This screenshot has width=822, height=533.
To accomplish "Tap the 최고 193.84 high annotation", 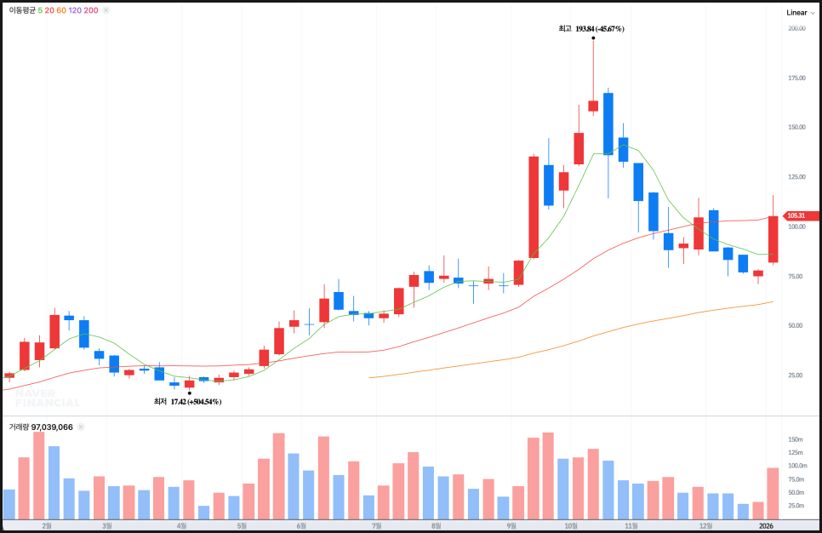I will [x=591, y=29].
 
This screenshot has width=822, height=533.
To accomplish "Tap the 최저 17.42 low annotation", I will [x=187, y=401].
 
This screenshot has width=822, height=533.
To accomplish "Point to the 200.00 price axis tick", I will [x=796, y=28].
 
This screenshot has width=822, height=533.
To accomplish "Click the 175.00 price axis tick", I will [x=796, y=77].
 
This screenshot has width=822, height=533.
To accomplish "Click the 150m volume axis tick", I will [x=796, y=439].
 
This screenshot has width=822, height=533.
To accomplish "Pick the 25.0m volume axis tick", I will [x=796, y=505].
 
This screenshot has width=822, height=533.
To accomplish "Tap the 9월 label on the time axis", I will [x=512, y=526].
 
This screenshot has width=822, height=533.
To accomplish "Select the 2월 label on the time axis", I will [x=47, y=526].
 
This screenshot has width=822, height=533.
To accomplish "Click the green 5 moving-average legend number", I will [x=40, y=10].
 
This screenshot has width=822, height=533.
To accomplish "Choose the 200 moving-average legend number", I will [x=91, y=10].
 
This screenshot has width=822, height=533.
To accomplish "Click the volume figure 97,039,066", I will [x=52, y=427].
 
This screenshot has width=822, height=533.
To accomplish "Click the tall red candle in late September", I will [x=534, y=206].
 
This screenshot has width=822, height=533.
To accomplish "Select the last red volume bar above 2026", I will [x=773, y=493].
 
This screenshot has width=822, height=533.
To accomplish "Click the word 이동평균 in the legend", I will [x=22, y=10].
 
